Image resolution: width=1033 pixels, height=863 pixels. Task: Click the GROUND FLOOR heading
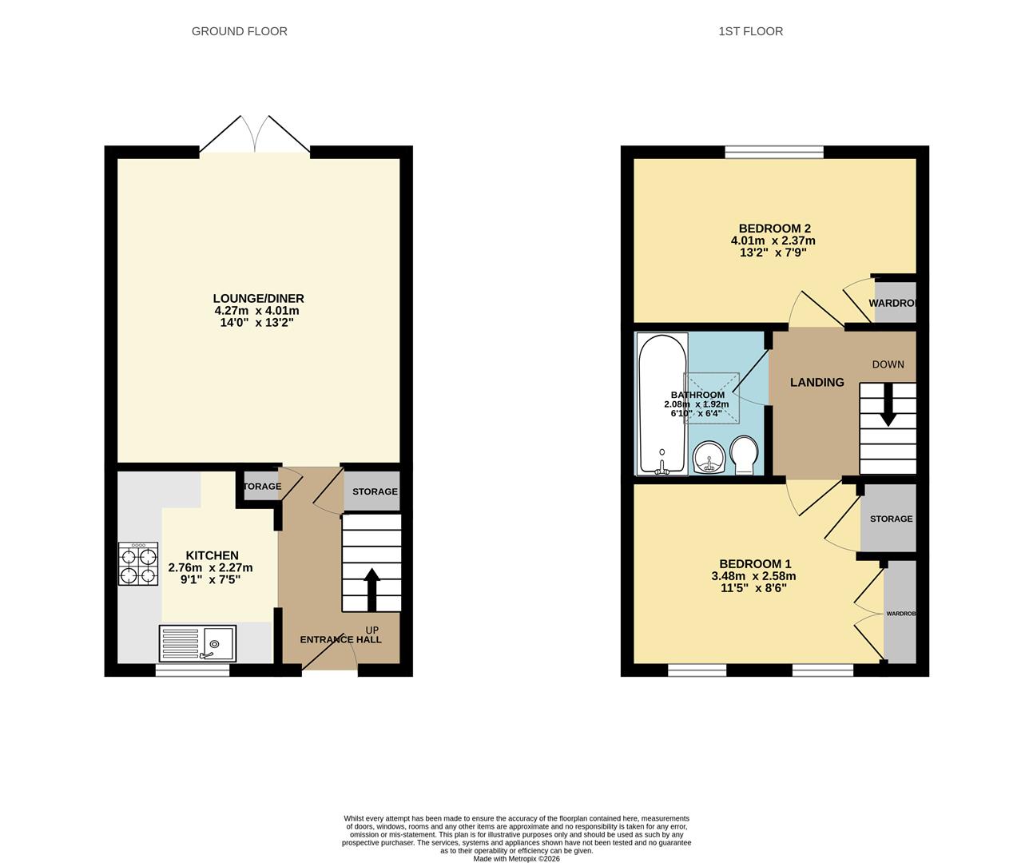pyautogui.click(x=239, y=31)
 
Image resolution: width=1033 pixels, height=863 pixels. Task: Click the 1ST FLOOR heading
pyautogui.click(x=750, y=31)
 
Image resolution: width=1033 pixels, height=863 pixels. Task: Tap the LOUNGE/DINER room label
pyautogui.click(x=258, y=299)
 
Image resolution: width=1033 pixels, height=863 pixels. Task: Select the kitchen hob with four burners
pyautogui.click(x=137, y=564)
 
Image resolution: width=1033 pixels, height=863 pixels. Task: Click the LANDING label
pyautogui.click(x=816, y=383)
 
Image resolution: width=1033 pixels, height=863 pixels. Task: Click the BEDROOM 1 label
pyautogui.click(x=753, y=563)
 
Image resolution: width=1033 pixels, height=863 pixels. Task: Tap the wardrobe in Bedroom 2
pyautogui.click(x=895, y=303)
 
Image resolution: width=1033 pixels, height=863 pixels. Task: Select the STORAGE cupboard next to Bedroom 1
pyautogui.click(x=890, y=519)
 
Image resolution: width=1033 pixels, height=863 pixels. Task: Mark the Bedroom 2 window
pyautogui.click(x=773, y=151)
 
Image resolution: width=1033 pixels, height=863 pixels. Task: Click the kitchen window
pyautogui.click(x=192, y=671)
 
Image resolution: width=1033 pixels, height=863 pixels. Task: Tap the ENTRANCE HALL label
pyautogui.click(x=340, y=639)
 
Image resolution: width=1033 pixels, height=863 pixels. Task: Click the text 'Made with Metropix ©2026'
pyautogui.click(x=516, y=859)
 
